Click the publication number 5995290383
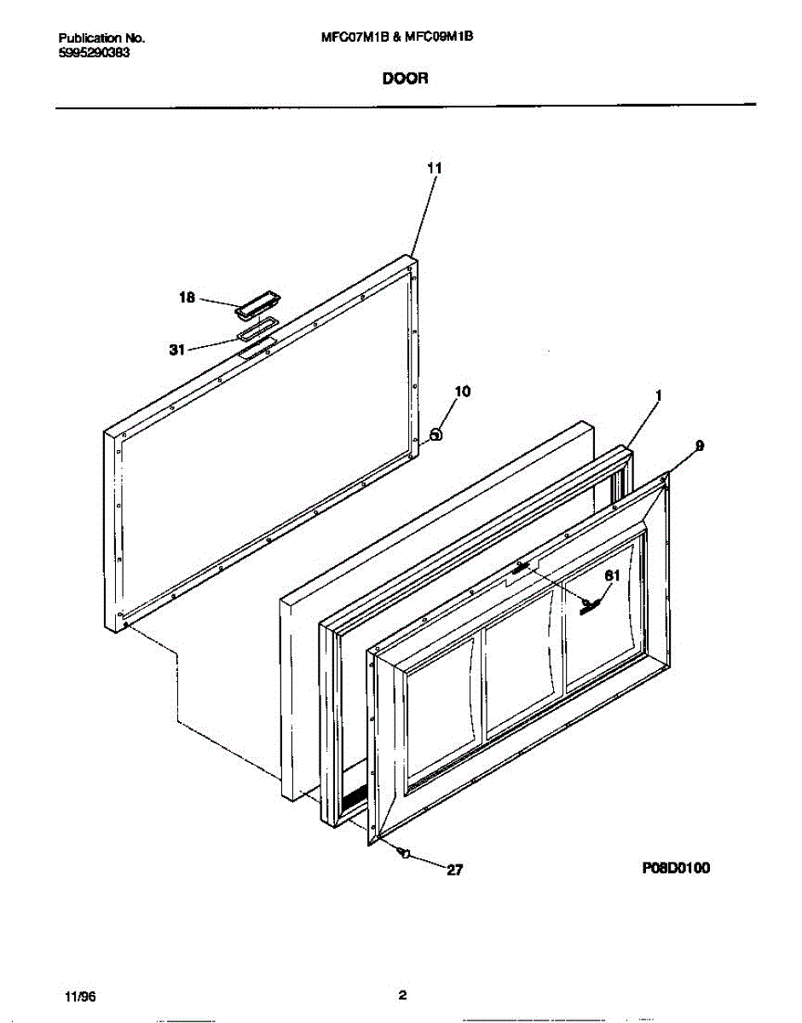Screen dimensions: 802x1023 click(x=94, y=51)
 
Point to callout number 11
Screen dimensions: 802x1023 click(x=434, y=169)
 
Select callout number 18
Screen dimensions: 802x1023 click(x=187, y=298)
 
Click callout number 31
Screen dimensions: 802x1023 click(x=177, y=349)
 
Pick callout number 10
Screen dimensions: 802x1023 click(x=462, y=391)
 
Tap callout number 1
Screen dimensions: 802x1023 click(x=659, y=396)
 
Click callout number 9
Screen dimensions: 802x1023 click(x=700, y=445)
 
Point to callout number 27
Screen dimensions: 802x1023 click(x=454, y=870)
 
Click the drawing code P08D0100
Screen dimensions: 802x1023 click(x=676, y=868)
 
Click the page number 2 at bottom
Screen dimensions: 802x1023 click(x=402, y=995)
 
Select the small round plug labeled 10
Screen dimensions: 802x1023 click(x=436, y=434)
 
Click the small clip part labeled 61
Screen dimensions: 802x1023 click(x=591, y=604)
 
